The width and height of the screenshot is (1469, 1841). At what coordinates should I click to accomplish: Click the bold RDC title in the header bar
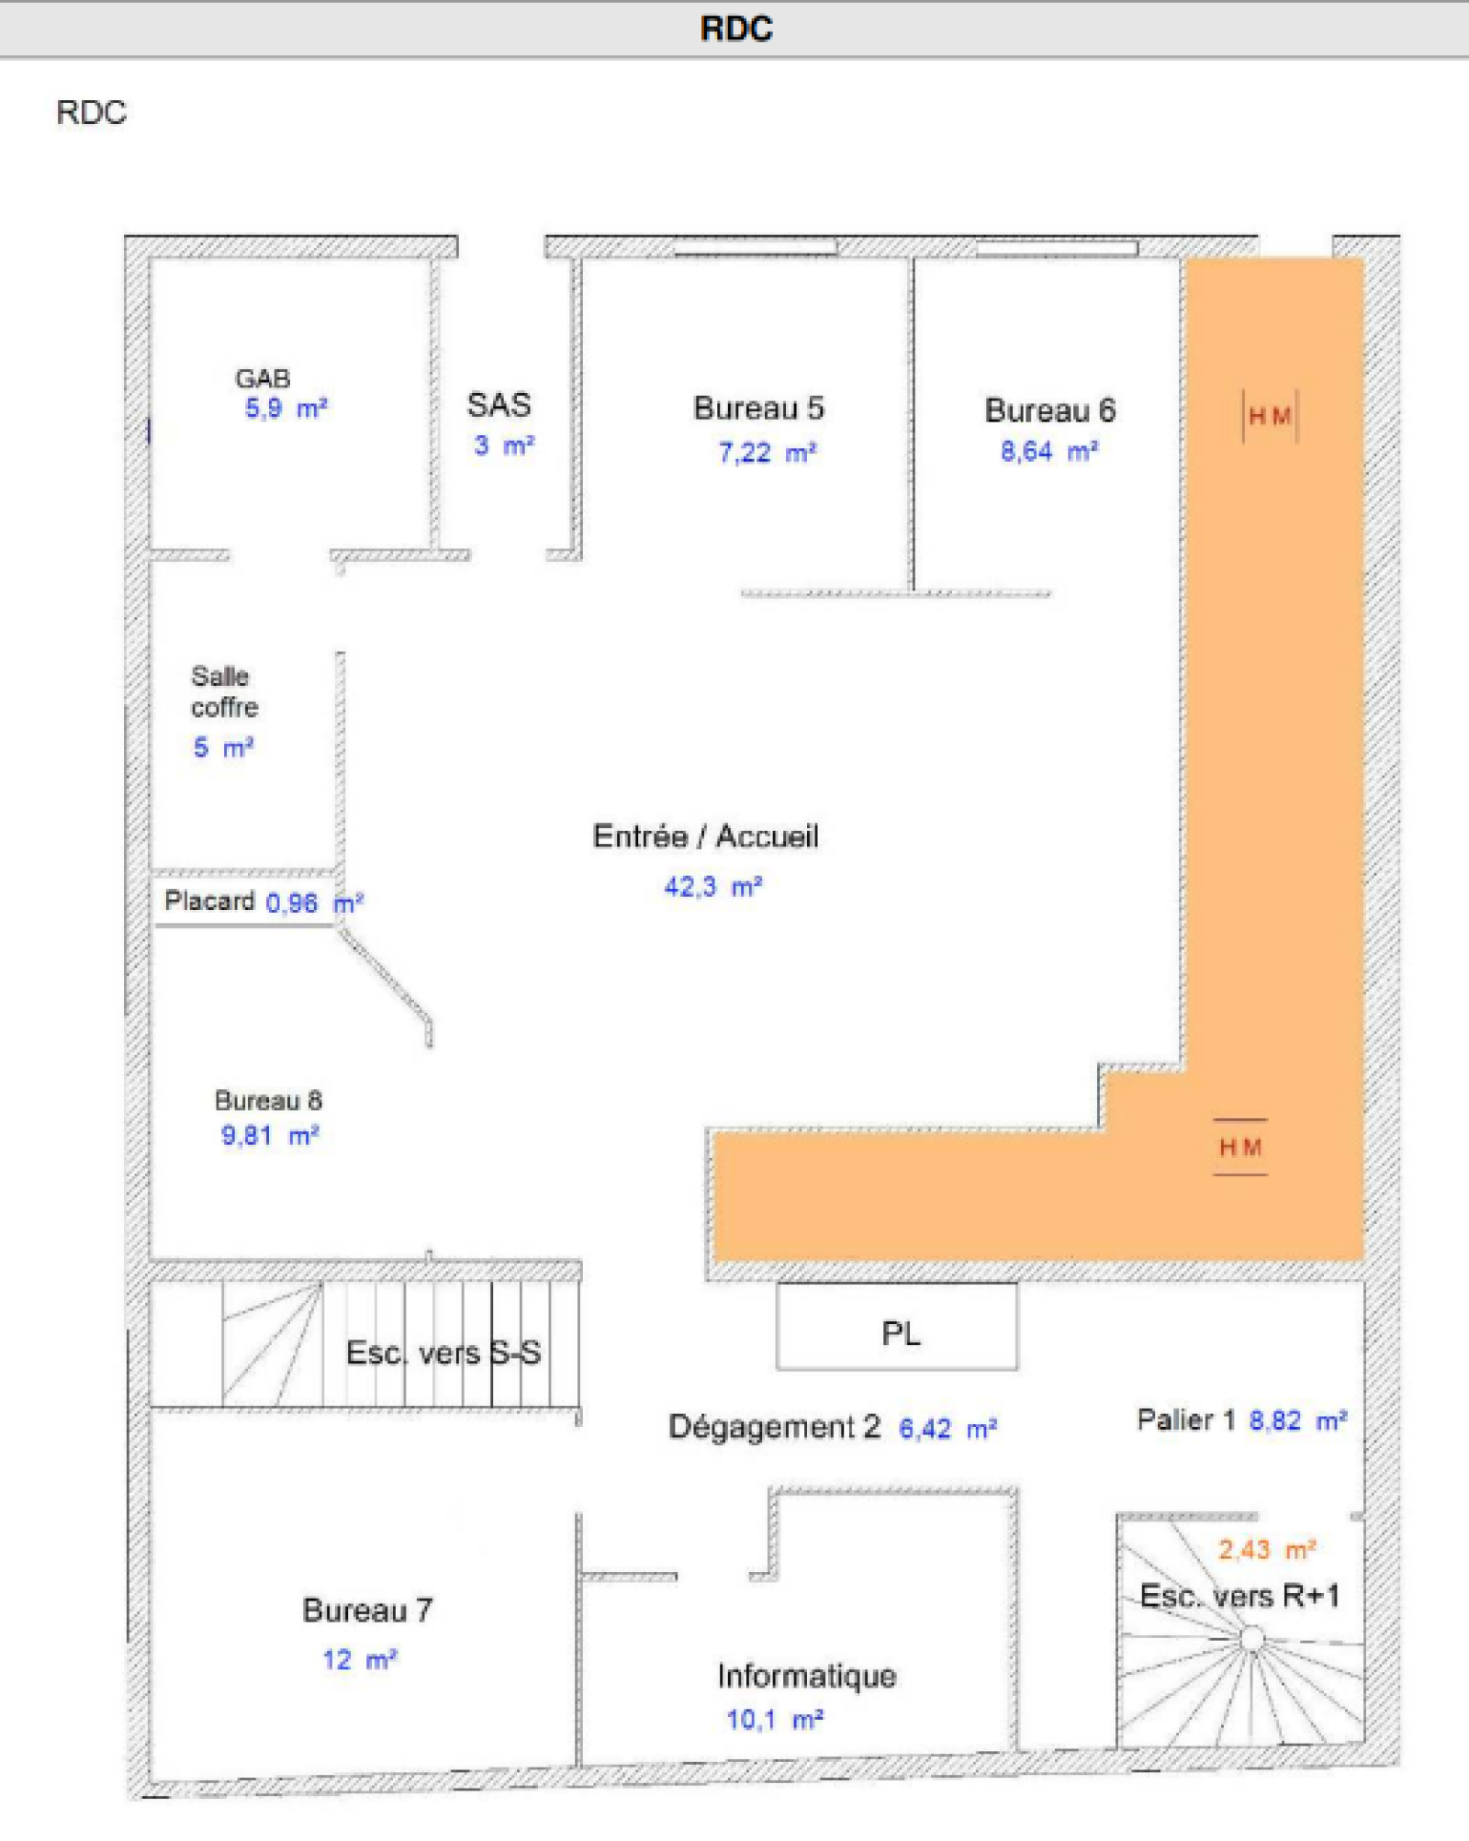736,28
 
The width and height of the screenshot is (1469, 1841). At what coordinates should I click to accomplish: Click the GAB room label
263,378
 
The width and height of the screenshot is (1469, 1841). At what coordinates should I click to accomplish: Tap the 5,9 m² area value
286,409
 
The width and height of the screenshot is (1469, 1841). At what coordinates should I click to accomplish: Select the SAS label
499,405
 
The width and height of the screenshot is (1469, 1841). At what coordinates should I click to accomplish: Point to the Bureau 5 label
758,408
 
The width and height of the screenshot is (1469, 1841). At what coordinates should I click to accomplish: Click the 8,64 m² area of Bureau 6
1049,451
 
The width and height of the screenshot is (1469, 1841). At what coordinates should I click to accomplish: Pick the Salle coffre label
224,691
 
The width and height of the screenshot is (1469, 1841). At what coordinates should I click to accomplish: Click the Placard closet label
209,901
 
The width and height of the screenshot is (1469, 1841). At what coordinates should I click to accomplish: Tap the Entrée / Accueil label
705,836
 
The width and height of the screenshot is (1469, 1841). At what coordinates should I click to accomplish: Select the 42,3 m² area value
713,887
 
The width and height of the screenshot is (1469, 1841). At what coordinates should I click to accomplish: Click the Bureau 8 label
268,1100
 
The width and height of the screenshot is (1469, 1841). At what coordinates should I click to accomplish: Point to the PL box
897,1327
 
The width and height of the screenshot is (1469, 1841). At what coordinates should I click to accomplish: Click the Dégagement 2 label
774,1427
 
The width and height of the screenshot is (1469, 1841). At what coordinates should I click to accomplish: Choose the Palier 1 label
1186,1420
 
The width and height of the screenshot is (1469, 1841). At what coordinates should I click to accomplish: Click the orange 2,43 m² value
1267,1550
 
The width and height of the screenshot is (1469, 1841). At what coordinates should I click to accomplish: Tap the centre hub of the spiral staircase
1251,1638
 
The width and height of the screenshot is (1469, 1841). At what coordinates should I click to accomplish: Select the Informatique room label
807,1676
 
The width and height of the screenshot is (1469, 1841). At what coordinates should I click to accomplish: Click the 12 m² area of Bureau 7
359,1660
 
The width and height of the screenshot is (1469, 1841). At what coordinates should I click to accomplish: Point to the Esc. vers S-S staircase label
443,1353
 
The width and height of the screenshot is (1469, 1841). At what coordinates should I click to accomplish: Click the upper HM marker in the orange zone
1270,417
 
